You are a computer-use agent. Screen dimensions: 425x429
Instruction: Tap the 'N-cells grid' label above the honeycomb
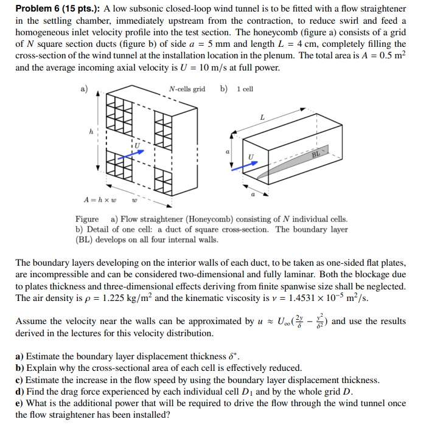[x=187, y=89]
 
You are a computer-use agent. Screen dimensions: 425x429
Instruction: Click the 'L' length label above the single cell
[x=262, y=116]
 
